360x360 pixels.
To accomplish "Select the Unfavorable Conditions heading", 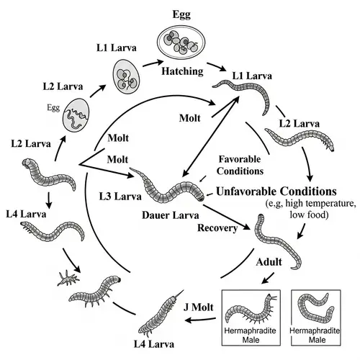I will [x=276, y=192].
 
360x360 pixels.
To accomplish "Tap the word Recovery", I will [x=217, y=228].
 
